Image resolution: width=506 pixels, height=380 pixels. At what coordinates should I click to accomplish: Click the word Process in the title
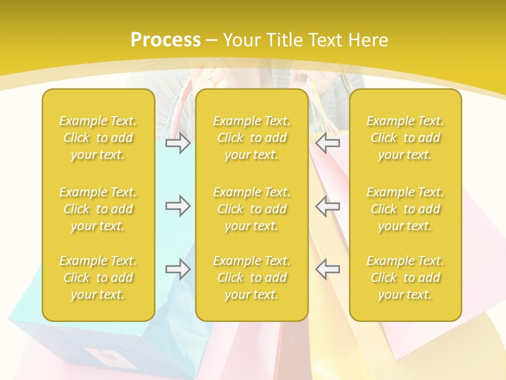coord(166,40)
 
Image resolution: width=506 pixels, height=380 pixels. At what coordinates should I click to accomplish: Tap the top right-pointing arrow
coord(178,142)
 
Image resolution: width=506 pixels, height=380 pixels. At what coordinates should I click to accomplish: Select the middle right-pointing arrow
coord(178,206)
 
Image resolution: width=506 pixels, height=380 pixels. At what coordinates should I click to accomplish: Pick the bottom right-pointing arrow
coord(178,269)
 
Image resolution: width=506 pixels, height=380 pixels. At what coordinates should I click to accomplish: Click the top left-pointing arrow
coord(327,142)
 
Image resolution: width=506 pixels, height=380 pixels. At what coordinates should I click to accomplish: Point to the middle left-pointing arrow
coord(327,206)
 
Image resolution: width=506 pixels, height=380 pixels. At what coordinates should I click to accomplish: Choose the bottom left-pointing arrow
coord(327,269)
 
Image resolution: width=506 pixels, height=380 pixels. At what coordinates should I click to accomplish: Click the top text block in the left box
coord(98,138)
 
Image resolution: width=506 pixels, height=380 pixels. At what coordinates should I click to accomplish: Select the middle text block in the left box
coord(98,209)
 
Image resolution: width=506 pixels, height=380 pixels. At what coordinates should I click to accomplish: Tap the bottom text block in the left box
coord(98,278)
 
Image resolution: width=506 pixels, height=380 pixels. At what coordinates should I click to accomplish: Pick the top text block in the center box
coord(251,138)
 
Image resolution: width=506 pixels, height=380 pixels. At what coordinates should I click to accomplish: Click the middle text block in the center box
coord(251,209)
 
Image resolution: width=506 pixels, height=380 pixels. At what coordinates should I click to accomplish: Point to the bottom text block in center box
coord(251,278)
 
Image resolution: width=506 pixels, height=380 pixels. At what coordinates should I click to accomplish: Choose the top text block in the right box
coord(405,138)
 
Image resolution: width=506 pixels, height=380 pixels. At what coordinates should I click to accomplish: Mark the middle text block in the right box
coord(405,209)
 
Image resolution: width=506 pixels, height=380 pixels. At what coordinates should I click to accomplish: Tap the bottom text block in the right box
coord(405,278)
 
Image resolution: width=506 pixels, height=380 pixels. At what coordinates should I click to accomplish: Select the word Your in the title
coord(240,40)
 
